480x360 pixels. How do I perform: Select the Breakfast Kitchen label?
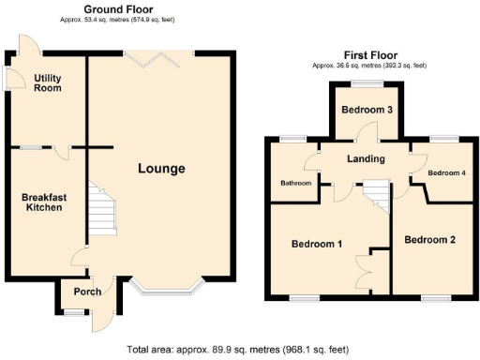(x=42, y=202)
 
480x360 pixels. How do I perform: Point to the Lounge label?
(x=161, y=169)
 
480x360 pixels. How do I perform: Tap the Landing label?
(x=365, y=158)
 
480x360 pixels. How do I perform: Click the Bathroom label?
(x=295, y=183)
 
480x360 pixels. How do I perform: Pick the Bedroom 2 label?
(x=429, y=240)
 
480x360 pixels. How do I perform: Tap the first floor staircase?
(x=375, y=197)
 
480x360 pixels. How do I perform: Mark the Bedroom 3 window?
(x=366, y=84)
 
